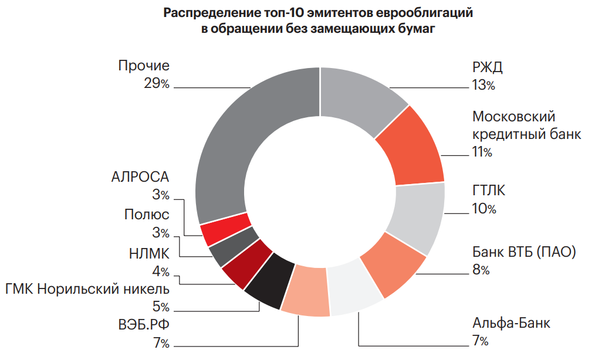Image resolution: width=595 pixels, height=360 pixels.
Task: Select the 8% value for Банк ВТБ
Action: pyautogui.click(x=481, y=270)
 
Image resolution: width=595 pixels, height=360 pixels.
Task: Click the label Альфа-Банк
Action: pyautogui.click(x=512, y=323)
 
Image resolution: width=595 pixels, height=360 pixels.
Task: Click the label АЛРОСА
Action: pyautogui.click(x=140, y=177)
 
